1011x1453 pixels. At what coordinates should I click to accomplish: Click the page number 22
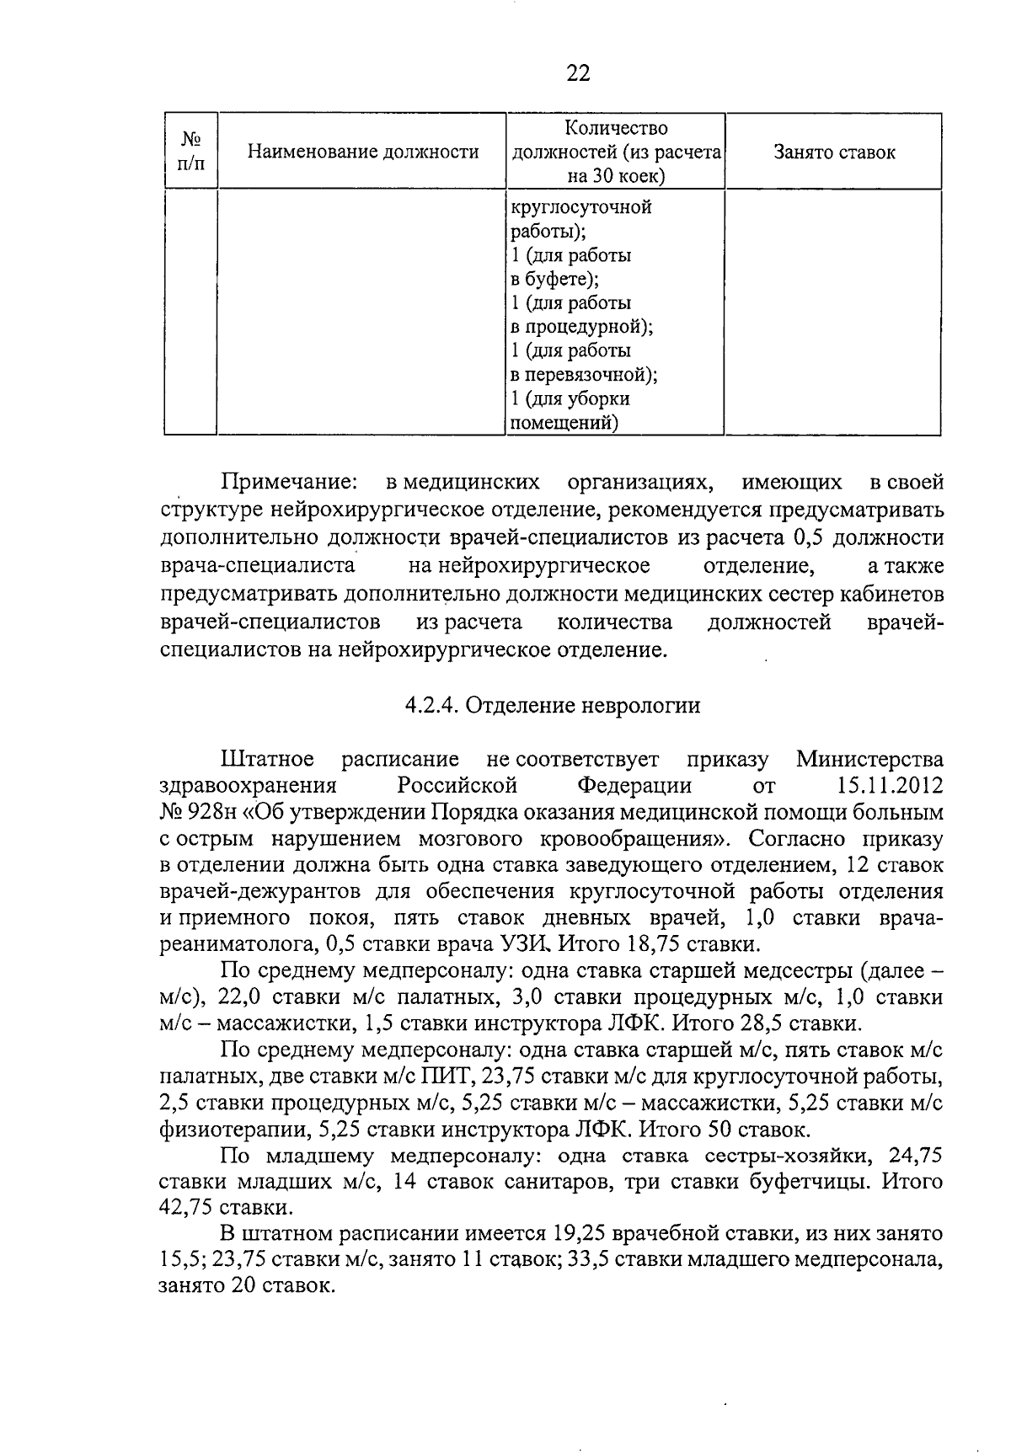pos(578,73)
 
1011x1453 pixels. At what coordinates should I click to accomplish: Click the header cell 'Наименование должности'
pos(362,152)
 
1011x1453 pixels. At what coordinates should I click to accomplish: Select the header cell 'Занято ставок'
pos(833,152)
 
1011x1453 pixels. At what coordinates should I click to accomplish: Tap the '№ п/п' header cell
pos(190,152)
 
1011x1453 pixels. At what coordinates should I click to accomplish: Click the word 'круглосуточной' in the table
pos(581,207)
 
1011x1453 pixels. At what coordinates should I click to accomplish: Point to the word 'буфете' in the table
pos(559,279)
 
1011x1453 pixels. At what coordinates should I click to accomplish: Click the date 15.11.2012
pos(890,785)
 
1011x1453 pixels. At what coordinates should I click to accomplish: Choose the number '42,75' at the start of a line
pos(191,1208)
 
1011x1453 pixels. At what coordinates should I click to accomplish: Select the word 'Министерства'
pos(869,759)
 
